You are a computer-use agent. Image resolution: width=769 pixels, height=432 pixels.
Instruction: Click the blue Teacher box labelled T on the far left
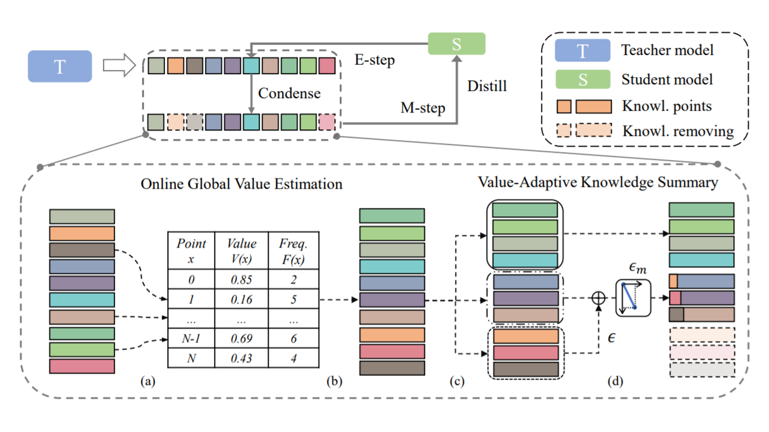point(60,66)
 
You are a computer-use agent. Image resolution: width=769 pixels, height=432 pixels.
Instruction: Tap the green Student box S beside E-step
point(456,44)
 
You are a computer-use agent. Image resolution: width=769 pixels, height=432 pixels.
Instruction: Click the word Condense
point(289,93)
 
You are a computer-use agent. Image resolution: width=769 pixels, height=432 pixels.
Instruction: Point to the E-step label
point(374,60)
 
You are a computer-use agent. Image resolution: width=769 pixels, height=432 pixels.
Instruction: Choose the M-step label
point(423,108)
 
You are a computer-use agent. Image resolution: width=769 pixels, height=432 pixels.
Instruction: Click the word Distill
point(487,86)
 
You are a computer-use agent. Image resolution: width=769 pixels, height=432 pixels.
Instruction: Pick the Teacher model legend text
point(667,50)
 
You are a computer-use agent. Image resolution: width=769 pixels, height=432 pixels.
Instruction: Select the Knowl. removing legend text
point(678,131)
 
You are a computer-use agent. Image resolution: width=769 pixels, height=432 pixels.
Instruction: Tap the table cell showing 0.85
point(241,280)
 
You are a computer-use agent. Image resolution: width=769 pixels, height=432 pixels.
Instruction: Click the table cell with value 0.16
point(241,299)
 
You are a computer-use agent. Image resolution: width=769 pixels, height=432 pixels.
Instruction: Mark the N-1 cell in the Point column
point(191,338)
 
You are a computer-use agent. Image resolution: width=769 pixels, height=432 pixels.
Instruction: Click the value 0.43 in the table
point(241,358)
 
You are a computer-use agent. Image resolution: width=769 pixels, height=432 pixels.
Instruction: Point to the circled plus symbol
point(599,298)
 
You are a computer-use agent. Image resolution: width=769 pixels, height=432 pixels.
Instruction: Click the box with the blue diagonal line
point(633,298)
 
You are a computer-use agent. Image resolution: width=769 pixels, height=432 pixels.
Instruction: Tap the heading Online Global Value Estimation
point(241,184)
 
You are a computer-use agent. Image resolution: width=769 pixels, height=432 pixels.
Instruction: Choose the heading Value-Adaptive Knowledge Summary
point(598,182)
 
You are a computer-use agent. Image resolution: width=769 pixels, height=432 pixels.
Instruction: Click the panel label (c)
point(457,381)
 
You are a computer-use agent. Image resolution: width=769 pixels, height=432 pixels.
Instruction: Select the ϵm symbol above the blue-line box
point(637,267)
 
